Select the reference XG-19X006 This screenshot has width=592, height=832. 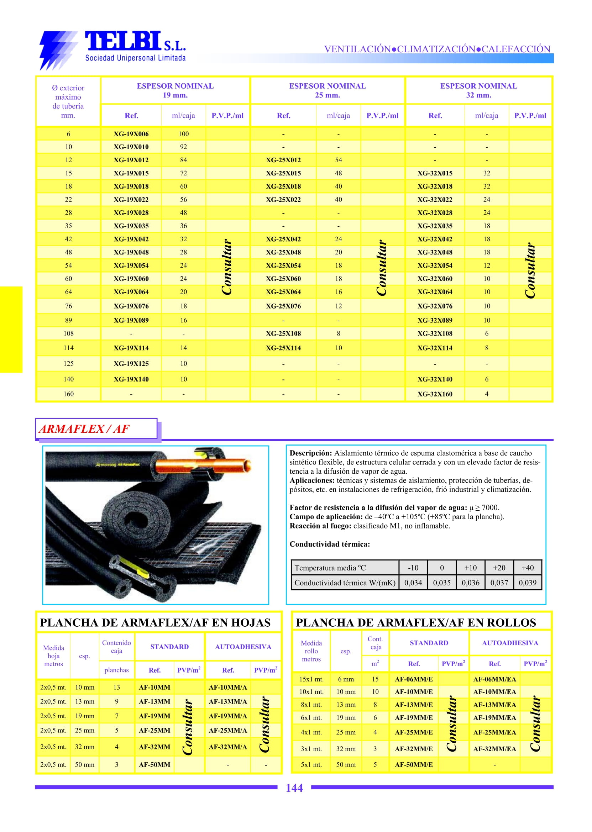click(x=131, y=134)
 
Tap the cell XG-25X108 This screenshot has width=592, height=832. click(x=283, y=333)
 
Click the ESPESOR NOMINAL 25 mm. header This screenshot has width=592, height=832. click(x=328, y=90)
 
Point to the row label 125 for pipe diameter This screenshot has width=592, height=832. click(x=69, y=363)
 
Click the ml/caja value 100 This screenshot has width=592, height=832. click(x=183, y=134)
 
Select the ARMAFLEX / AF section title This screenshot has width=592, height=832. click(x=85, y=428)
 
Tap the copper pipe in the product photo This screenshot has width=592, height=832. click(x=204, y=467)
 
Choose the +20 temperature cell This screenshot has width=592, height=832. click(x=499, y=568)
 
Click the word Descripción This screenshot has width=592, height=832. click(x=310, y=453)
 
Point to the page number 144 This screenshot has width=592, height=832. click(x=294, y=788)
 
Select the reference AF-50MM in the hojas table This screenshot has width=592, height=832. click(x=154, y=765)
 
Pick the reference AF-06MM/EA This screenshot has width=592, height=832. click(x=494, y=679)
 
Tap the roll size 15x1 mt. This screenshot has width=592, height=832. click(x=311, y=679)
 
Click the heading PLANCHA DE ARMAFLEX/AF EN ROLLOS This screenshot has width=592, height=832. click(x=416, y=623)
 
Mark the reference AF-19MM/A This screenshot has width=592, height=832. click(x=227, y=716)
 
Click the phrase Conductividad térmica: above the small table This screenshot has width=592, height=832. click(x=330, y=544)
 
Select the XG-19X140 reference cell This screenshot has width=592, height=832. click(x=131, y=379)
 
